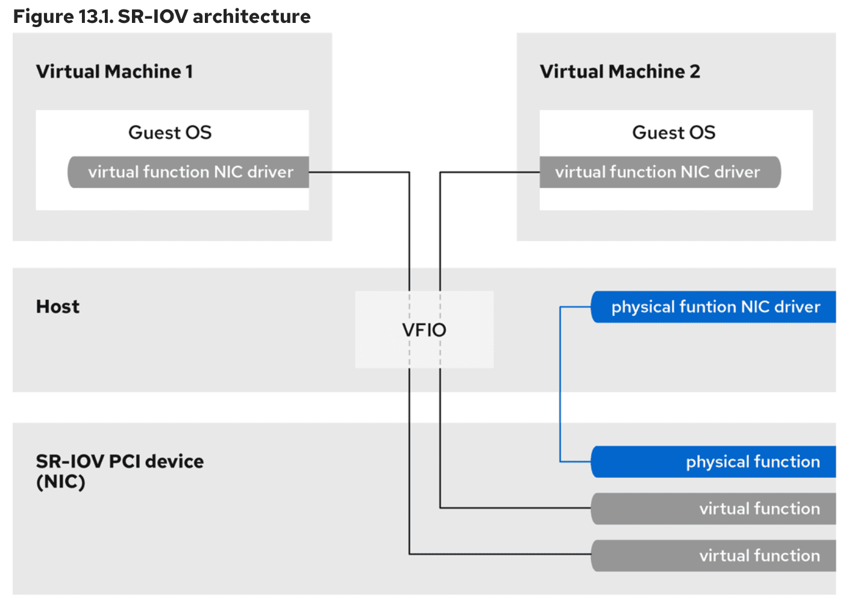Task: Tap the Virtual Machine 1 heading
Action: click(114, 71)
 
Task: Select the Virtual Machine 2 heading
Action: click(619, 71)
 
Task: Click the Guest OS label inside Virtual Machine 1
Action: click(170, 132)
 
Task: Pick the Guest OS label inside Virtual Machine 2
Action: click(674, 132)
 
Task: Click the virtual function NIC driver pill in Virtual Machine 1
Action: click(190, 172)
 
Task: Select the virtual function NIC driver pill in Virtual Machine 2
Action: click(658, 172)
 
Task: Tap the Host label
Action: click(58, 306)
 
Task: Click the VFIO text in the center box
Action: click(424, 330)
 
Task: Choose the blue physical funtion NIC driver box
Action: click(715, 307)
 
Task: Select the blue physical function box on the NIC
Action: click(715, 462)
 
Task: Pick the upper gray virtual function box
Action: click(715, 508)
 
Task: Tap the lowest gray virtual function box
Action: click(715, 556)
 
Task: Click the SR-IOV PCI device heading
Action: click(119, 461)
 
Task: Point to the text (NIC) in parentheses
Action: click(60, 482)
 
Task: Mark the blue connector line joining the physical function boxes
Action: click(560, 386)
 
